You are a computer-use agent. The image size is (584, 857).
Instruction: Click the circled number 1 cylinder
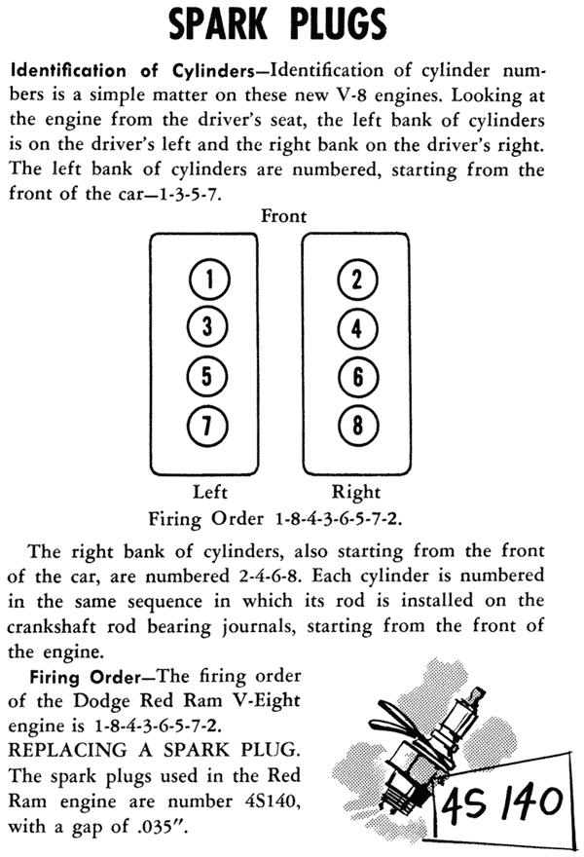pos(210,279)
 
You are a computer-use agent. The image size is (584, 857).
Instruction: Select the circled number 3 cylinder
pos(207,327)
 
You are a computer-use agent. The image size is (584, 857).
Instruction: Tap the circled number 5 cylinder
pos(207,377)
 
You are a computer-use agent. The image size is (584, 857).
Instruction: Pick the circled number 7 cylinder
pos(207,426)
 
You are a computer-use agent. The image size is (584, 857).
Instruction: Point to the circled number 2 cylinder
pos(357,279)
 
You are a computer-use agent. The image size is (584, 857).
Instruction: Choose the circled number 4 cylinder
pos(357,328)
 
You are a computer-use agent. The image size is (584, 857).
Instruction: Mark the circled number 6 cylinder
pos(358,377)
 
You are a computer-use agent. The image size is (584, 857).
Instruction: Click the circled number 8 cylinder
pos(358,426)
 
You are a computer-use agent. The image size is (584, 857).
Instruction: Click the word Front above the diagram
pos(283,216)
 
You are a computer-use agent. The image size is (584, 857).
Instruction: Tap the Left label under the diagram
pos(210,492)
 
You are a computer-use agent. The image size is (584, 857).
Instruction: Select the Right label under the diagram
pos(355,493)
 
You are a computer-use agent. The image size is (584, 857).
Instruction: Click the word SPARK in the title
pos(218,24)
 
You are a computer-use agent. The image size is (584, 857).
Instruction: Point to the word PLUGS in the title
pos(338,24)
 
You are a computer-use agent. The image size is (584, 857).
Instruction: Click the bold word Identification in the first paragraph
pos(68,71)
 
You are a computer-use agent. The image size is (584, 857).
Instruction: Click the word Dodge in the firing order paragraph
pos(104,701)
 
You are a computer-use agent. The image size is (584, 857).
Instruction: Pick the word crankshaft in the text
pos(52,626)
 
